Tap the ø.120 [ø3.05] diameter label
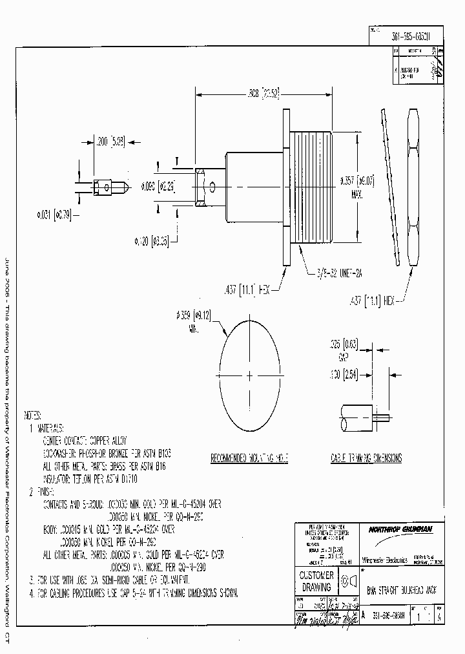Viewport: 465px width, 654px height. [x=151, y=240]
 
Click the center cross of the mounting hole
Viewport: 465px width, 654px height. [x=250, y=374]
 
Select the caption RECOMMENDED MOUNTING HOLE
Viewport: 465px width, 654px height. [x=250, y=458]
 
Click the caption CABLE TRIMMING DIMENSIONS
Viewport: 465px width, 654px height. [x=366, y=458]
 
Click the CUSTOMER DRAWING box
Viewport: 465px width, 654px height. [x=316, y=581]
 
